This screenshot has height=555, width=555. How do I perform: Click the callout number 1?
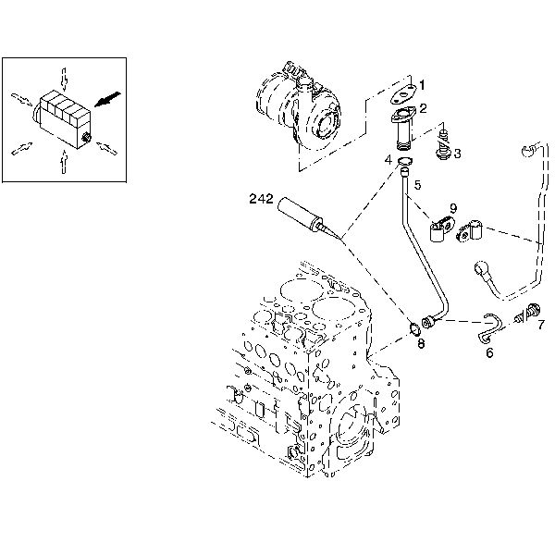click(x=422, y=86)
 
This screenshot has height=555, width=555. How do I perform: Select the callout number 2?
click(x=423, y=107)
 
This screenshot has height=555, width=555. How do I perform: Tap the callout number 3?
click(x=456, y=152)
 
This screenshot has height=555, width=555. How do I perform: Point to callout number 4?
click(x=389, y=159)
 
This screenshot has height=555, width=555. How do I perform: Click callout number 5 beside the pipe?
click(x=417, y=185)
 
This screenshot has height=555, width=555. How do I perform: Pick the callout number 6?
click(x=489, y=351)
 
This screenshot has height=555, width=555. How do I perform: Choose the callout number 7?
click(x=541, y=324)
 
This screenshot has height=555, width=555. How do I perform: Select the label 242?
click(x=261, y=197)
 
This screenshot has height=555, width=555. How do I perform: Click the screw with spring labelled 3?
click(x=443, y=142)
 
